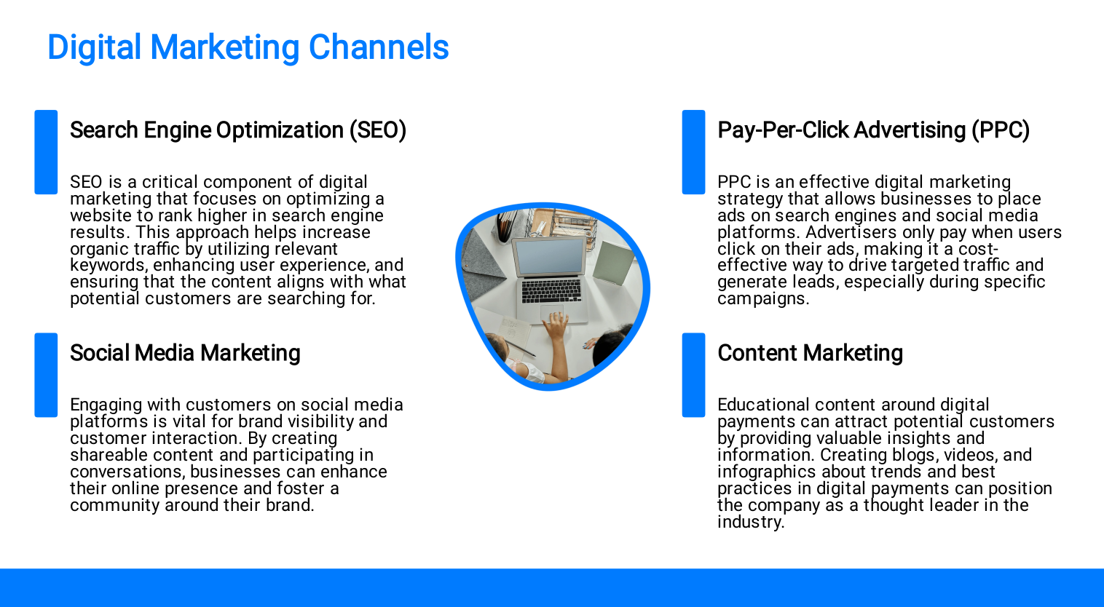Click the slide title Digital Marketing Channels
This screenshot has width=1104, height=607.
(x=248, y=48)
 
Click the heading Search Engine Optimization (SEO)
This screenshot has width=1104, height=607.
(x=238, y=130)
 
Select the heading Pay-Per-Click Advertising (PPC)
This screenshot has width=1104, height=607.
(x=873, y=130)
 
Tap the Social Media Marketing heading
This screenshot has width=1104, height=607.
(x=185, y=353)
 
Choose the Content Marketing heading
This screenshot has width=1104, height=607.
(x=810, y=353)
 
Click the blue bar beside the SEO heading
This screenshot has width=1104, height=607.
(x=46, y=152)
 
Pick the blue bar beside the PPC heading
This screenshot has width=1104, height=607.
(x=693, y=152)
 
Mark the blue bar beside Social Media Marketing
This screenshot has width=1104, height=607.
(x=46, y=375)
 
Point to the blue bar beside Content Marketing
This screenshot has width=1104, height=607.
(x=693, y=375)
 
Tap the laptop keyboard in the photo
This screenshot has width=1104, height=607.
(x=551, y=290)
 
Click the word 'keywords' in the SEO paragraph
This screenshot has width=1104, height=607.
(x=108, y=266)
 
